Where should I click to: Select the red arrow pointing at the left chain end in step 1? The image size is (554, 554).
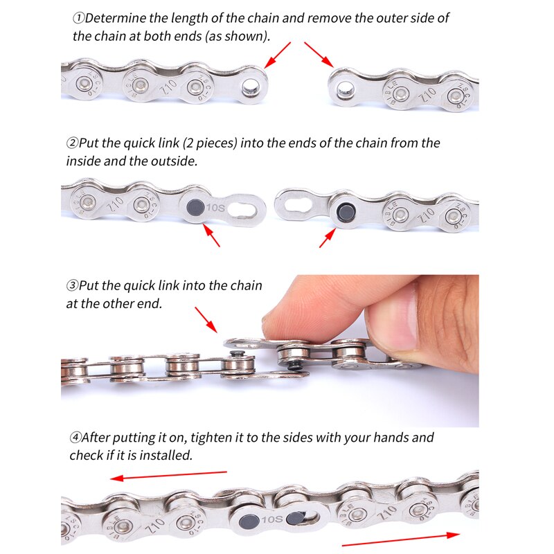coord(277,54)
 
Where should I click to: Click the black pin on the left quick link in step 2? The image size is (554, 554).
coord(195,206)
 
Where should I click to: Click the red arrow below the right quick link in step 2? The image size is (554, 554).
coord(327,236)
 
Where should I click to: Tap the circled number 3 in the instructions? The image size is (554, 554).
coord(72,285)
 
